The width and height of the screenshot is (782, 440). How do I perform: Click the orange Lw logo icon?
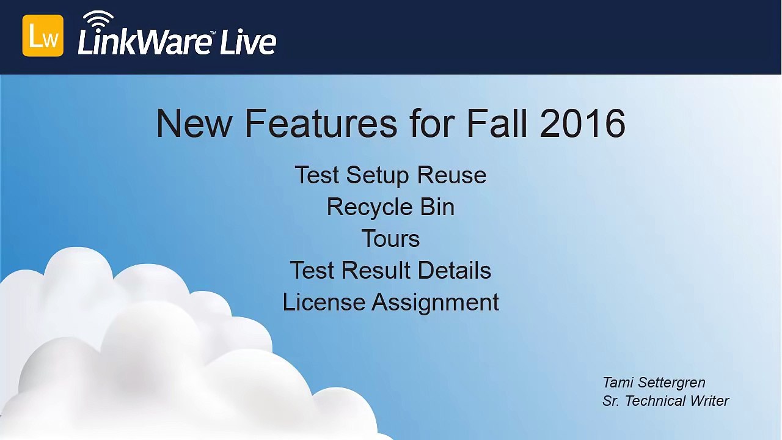(43, 36)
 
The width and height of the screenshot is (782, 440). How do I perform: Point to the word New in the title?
(194, 123)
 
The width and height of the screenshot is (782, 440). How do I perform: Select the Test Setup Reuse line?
(390, 175)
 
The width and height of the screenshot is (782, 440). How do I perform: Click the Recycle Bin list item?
(390, 207)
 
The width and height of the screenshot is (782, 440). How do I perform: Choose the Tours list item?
(390, 239)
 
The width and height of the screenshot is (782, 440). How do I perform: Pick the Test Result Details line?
(390, 271)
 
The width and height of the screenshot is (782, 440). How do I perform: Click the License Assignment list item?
(390, 302)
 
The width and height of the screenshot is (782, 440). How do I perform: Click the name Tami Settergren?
(654, 383)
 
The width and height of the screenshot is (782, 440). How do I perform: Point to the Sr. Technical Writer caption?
(665, 401)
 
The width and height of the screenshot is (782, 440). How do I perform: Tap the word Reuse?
(451, 175)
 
